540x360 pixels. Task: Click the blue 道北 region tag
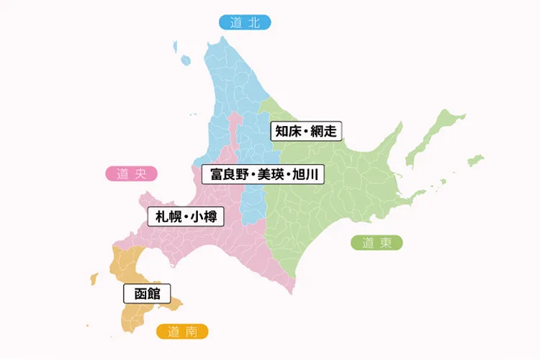click(x=245, y=22)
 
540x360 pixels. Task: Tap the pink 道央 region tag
click(x=131, y=174)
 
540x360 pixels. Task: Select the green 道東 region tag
click(x=377, y=243)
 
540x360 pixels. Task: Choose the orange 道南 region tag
click(x=182, y=332)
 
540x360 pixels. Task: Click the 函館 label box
click(x=146, y=294)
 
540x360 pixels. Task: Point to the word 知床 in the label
click(x=287, y=131)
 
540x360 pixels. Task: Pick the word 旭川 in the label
click(x=307, y=174)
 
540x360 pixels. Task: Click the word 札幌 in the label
click(x=166, y=216)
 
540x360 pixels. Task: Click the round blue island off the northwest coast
click(x=185, y=60)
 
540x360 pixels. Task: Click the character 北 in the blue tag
click(x=253, y=22)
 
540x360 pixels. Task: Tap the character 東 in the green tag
click(x=386, y=243)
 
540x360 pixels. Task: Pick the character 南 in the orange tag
click(x=192, y=332)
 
